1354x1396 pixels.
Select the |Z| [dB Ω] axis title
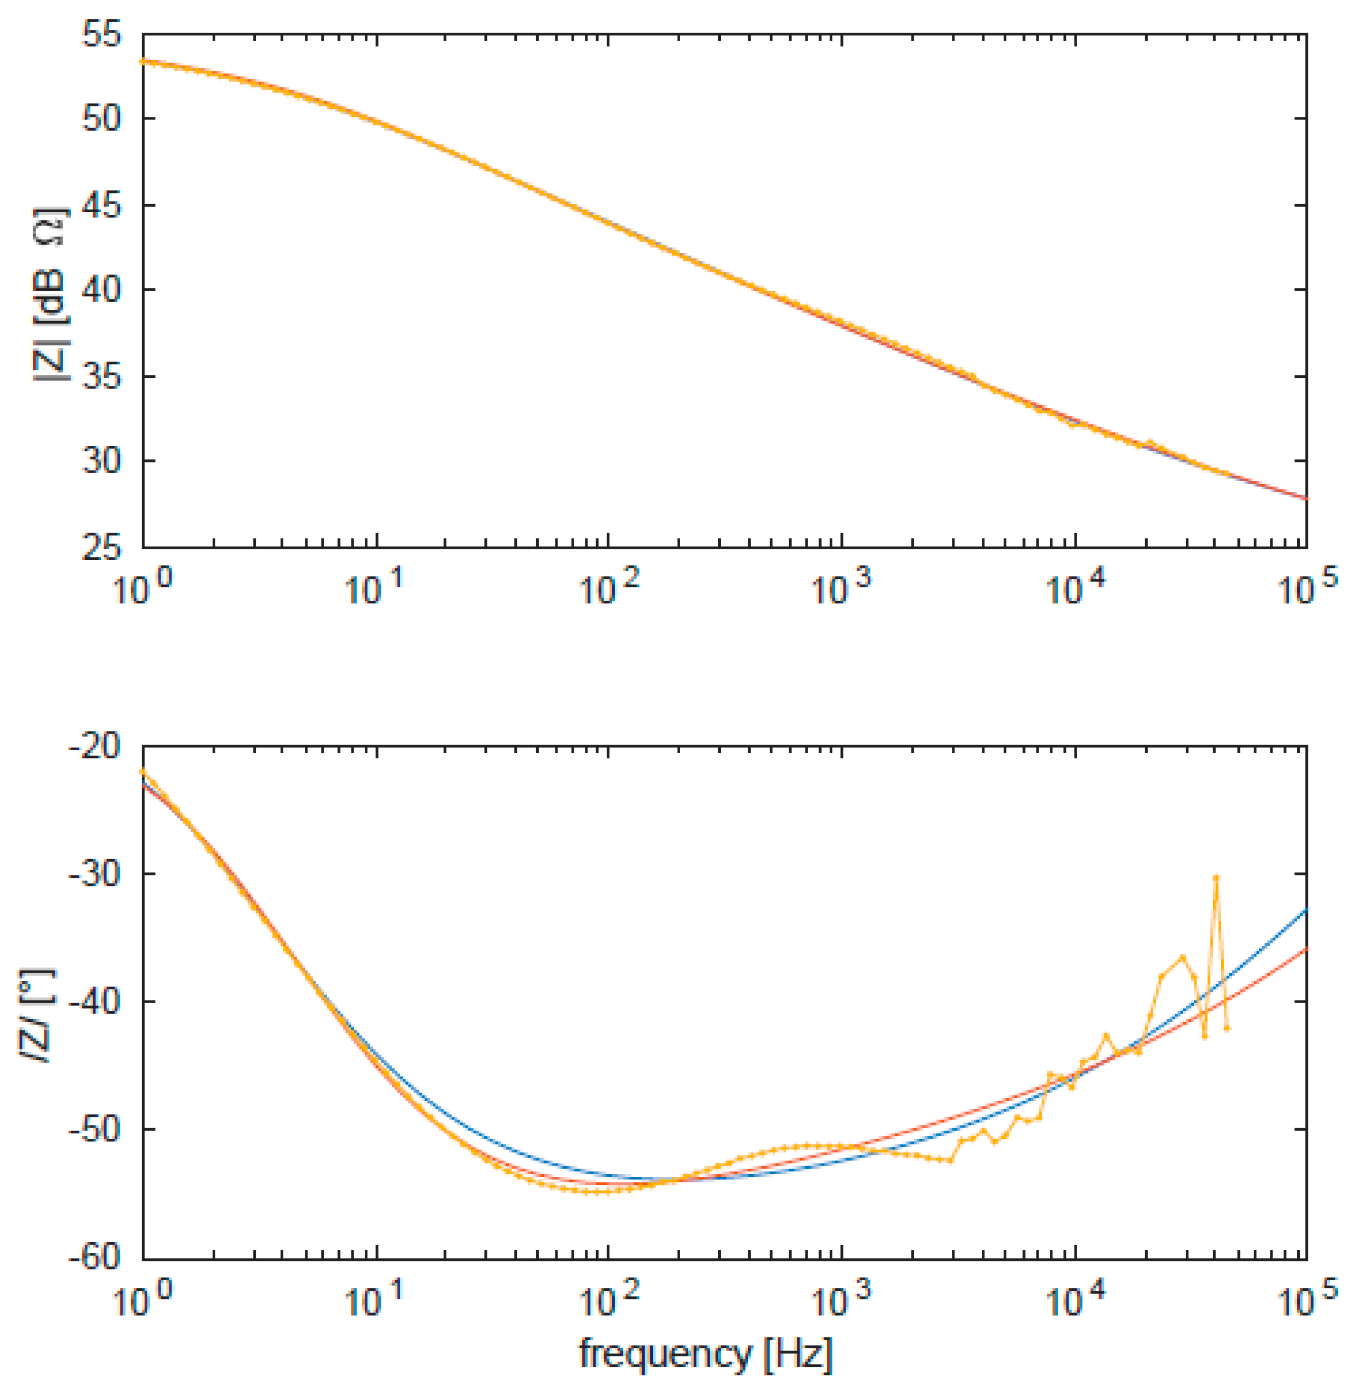pyautogui.click(x=50, y=294)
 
